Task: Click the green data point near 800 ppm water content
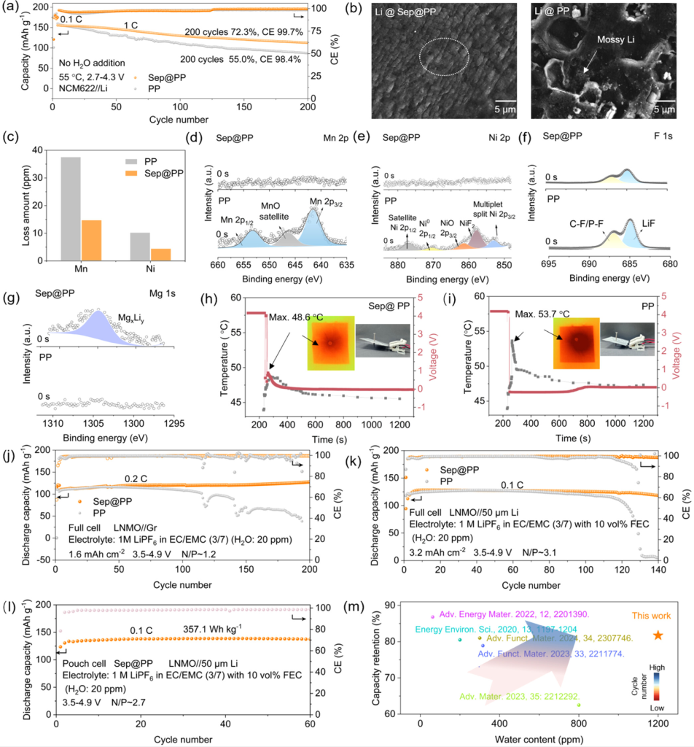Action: pos(579,705)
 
